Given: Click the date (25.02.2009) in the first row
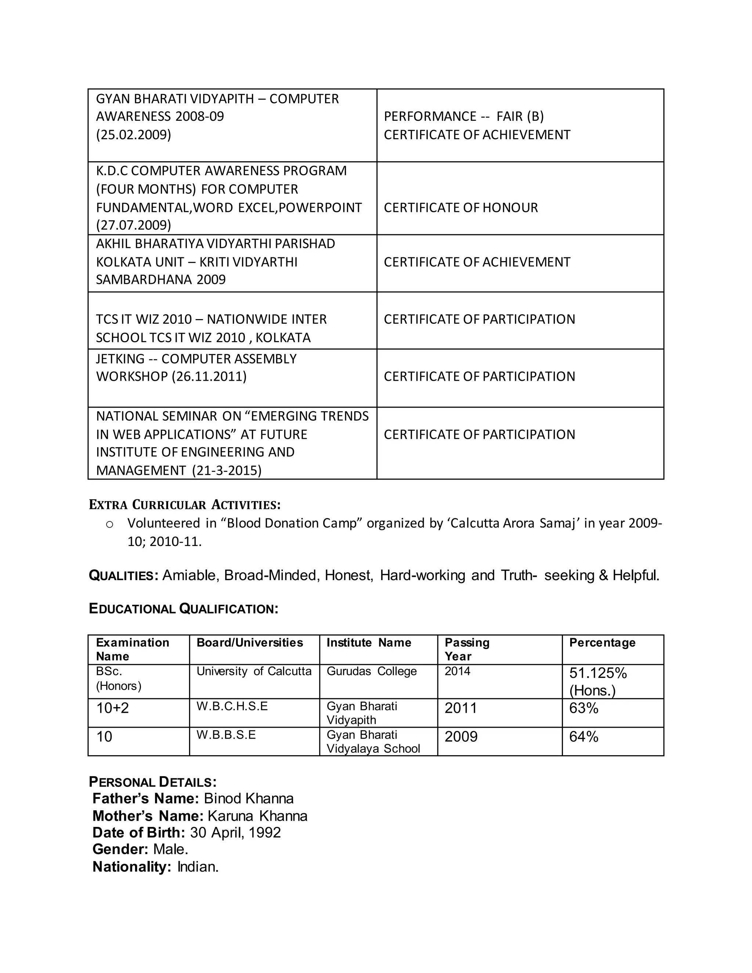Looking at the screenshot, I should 133,134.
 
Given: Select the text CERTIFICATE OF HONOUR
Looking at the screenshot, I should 461,207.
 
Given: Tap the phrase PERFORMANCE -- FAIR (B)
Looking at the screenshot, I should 463,116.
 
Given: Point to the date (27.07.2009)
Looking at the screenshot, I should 133,225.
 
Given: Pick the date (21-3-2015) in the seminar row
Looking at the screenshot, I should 227,470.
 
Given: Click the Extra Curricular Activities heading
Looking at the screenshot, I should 184,505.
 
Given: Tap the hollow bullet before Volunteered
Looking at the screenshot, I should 109,524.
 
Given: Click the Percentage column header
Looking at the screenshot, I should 602,643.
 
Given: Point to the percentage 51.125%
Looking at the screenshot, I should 598,673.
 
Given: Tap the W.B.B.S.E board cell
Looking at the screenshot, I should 226,735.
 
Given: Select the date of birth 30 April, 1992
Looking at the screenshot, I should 235,833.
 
